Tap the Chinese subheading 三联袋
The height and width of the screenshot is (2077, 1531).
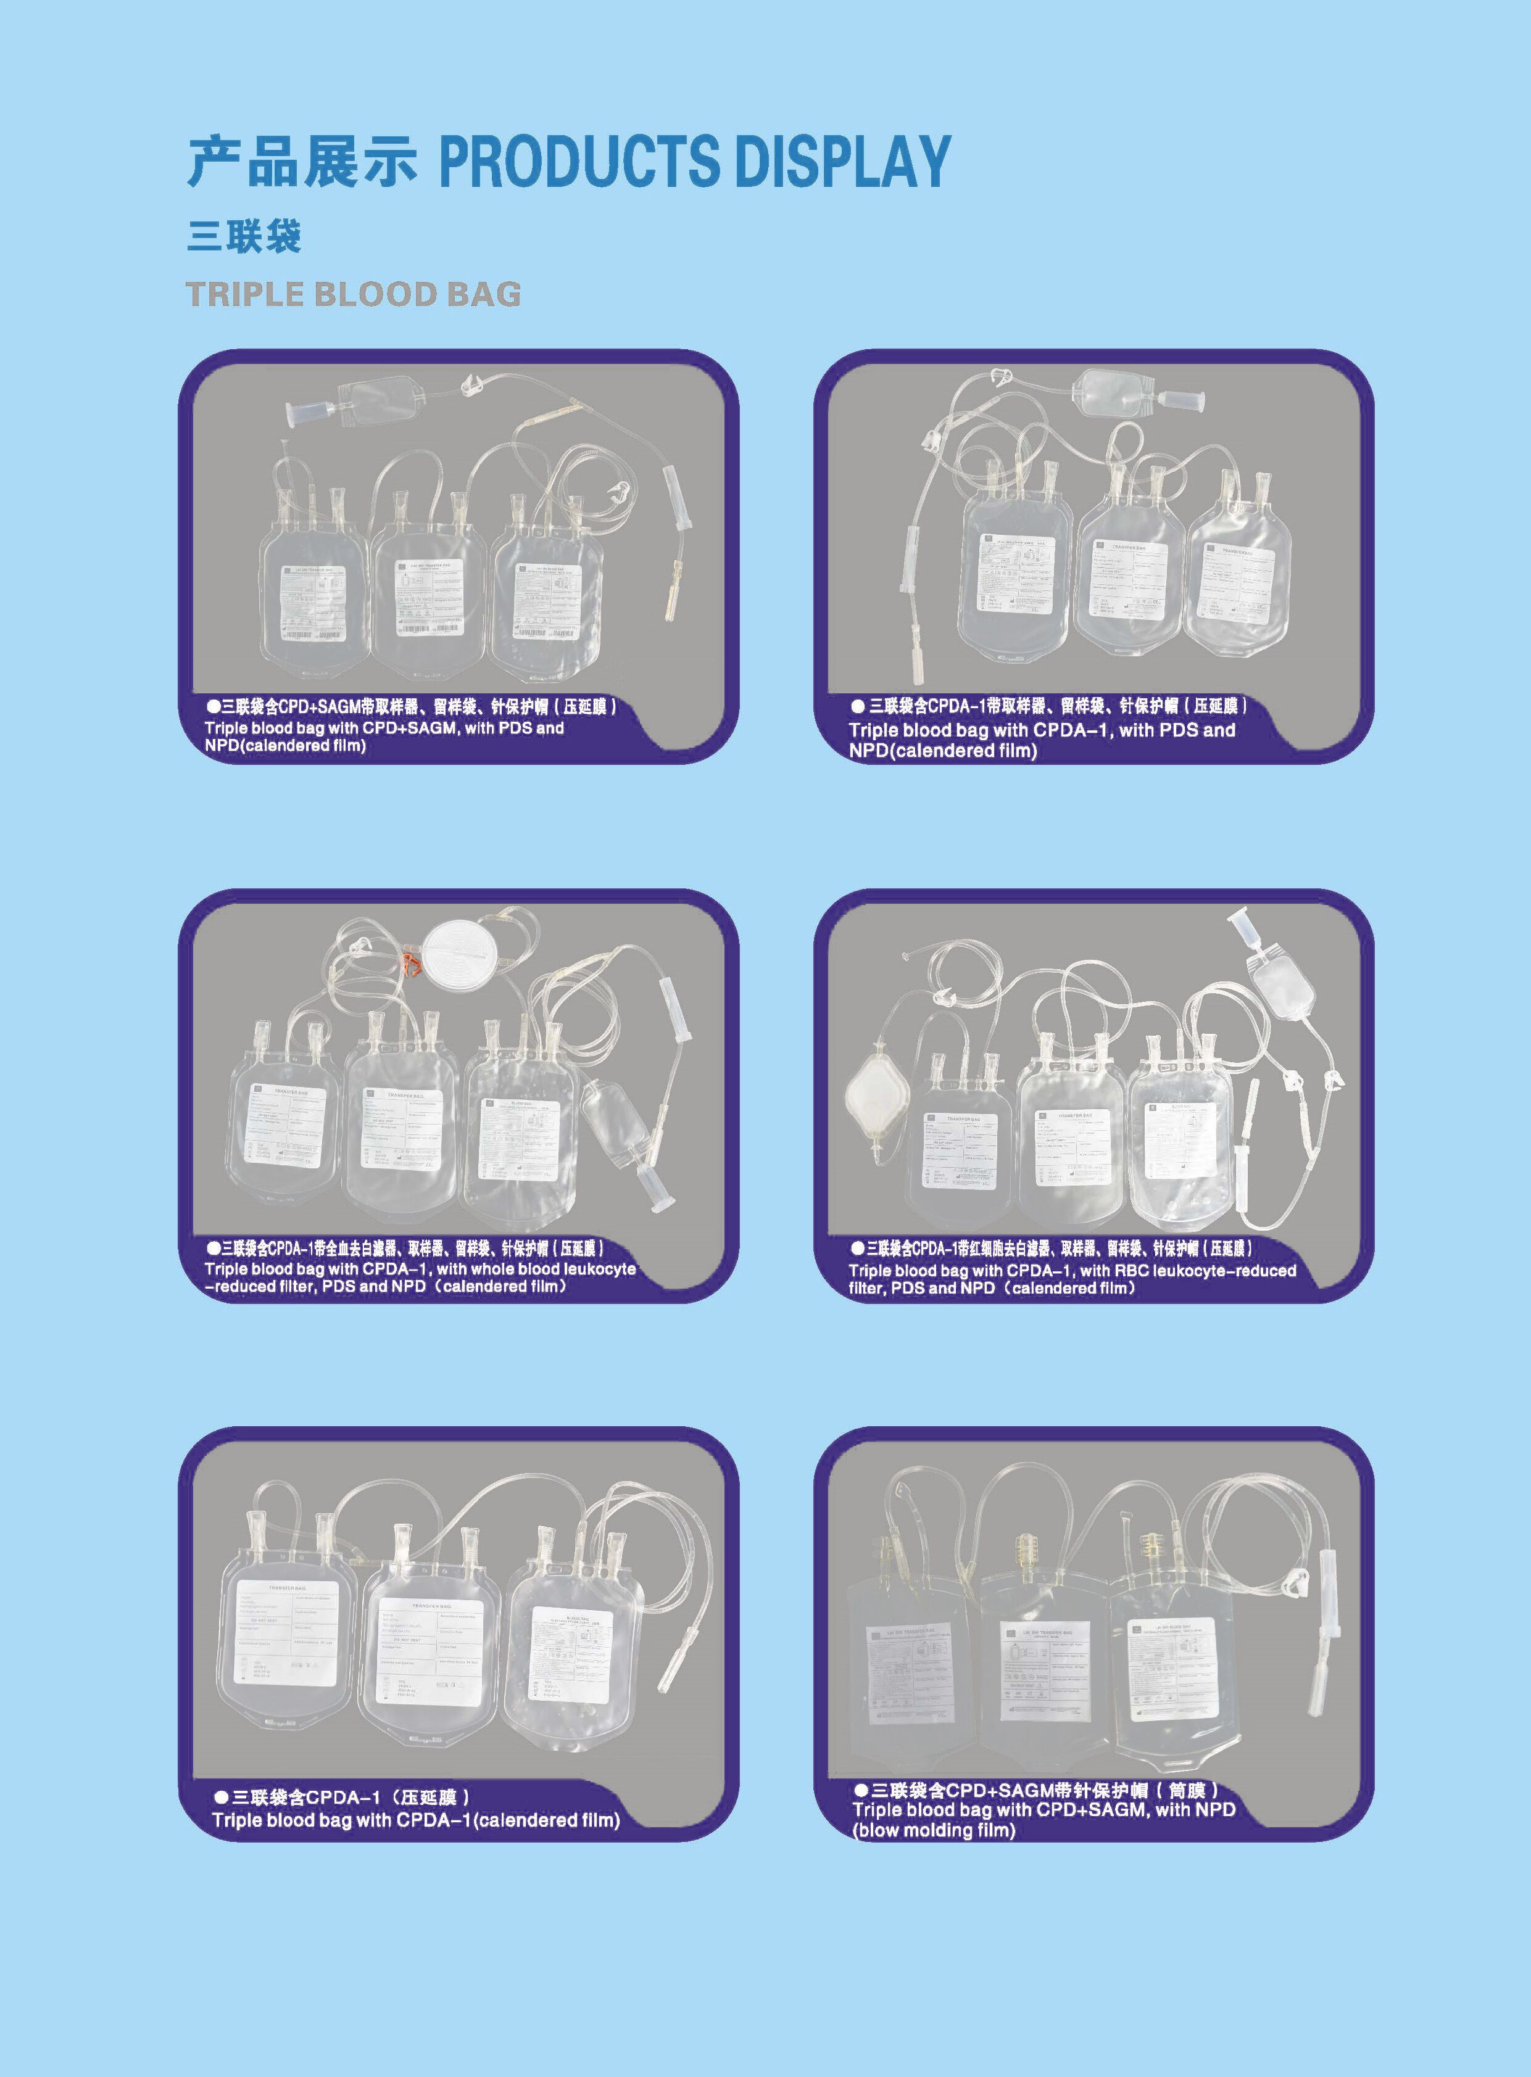click(244, 237)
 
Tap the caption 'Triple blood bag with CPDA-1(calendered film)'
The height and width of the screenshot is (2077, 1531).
click(415, 1820)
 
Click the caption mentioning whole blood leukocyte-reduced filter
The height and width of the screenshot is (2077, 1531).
click(421, 1278)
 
